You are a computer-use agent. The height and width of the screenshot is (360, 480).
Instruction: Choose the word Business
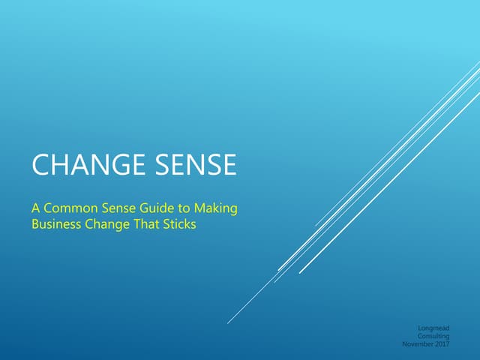pos(55,224)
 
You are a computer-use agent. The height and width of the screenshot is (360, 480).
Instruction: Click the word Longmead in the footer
pos(434,328)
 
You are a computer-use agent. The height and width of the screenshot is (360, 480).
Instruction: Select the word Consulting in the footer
pos(433,336)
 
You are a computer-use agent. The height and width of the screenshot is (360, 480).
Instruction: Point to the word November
pos(417,344)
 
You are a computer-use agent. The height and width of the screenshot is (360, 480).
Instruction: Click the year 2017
pos(442,344)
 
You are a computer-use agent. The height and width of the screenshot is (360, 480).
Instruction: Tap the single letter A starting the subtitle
pos(34,208)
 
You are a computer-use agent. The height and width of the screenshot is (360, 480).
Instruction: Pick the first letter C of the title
pos(39,165)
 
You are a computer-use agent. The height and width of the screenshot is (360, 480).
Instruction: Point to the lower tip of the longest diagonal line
pos(228,323)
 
